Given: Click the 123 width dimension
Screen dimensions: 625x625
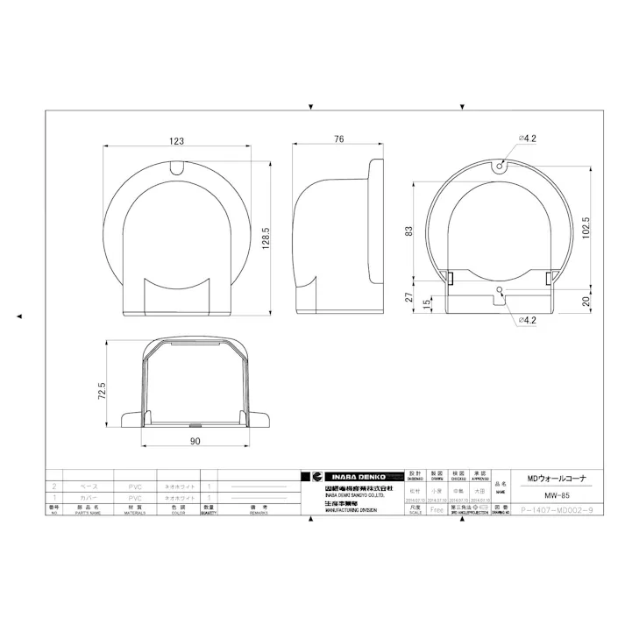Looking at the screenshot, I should click(x=177, y=140).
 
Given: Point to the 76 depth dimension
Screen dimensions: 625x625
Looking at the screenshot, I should click(x=337, y=140).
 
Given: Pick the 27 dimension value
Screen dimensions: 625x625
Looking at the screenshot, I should click(x=408, y=298).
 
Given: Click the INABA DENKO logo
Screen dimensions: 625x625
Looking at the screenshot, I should click(x=351, y=476).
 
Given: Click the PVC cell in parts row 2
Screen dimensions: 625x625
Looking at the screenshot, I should click(x=134, y=486).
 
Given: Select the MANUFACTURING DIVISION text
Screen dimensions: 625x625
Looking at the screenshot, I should click(x=349, y=510).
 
